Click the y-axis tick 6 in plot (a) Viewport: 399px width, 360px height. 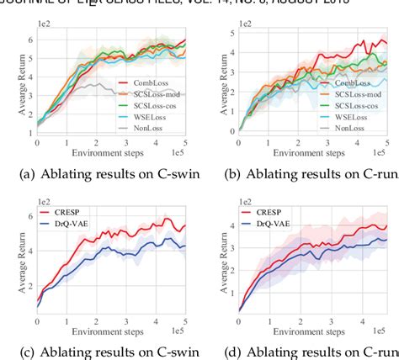coord(33,40)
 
